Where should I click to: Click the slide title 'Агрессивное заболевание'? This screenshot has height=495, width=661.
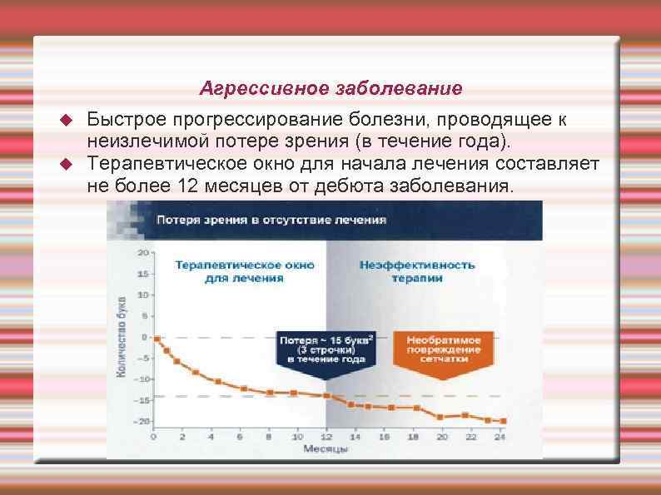tap(331, 87)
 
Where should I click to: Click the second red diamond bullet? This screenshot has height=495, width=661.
tap(68, 162)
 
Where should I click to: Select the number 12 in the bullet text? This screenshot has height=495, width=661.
tap(187, 183)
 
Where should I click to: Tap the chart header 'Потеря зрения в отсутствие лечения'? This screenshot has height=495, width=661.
tap(272, 220)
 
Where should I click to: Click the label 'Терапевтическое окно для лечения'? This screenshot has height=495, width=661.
tap(245, 271)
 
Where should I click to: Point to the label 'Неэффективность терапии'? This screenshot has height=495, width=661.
tap(417, 271)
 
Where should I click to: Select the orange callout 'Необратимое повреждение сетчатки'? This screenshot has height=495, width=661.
tap(444, 349)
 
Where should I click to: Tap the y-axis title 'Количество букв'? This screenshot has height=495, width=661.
tap(122, 337)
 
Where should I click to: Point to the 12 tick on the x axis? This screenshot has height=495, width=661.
tap(326, 436)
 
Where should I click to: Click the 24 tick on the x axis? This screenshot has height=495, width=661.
tap(500, 436)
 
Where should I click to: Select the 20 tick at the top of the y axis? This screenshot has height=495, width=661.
tap(143, 251)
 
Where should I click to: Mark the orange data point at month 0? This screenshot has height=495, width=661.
tap(156, 337)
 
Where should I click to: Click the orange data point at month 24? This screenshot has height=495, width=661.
tap(502, 421)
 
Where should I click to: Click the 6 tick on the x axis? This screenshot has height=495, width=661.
tap(240, 436)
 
